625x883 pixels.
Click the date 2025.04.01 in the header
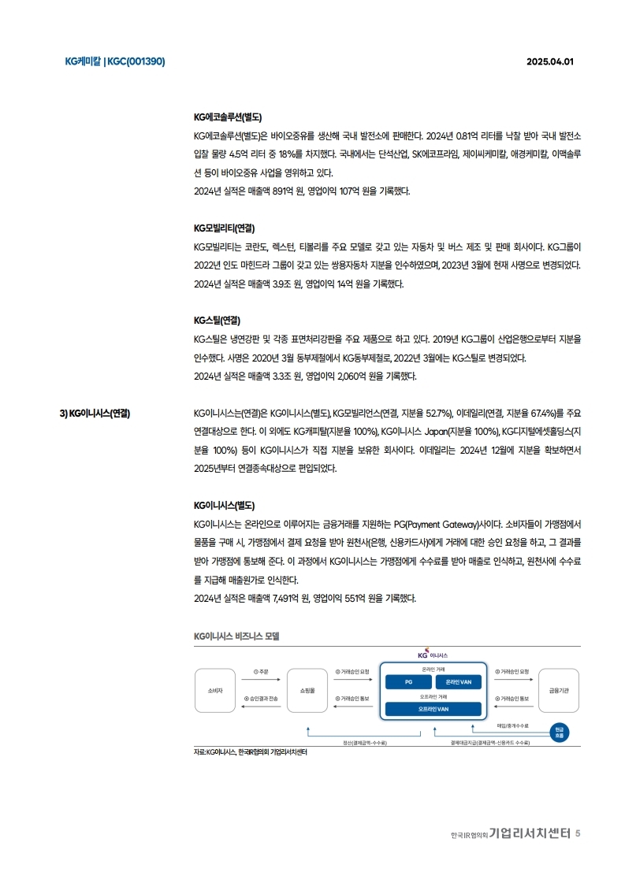click(550, 62)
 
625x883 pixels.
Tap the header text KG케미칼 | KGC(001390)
click(115, 62)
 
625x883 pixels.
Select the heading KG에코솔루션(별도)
click(228, 117)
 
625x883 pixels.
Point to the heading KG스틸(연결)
click(217, 321)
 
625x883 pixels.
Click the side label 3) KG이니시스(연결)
click(95, 413)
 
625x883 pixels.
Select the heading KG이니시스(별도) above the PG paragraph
click(224, 505)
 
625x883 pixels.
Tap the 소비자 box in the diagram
click(215, 691)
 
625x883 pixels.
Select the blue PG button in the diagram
click(407, 681)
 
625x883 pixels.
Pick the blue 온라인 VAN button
click(458, 681)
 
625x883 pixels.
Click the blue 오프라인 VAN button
click(433, 709)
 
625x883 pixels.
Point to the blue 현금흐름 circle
click(559, 730)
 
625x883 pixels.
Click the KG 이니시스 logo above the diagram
click(433, 655)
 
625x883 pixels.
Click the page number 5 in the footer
click(578, 833)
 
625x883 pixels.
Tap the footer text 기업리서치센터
click(529, 833)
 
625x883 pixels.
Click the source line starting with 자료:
click(250, 752)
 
